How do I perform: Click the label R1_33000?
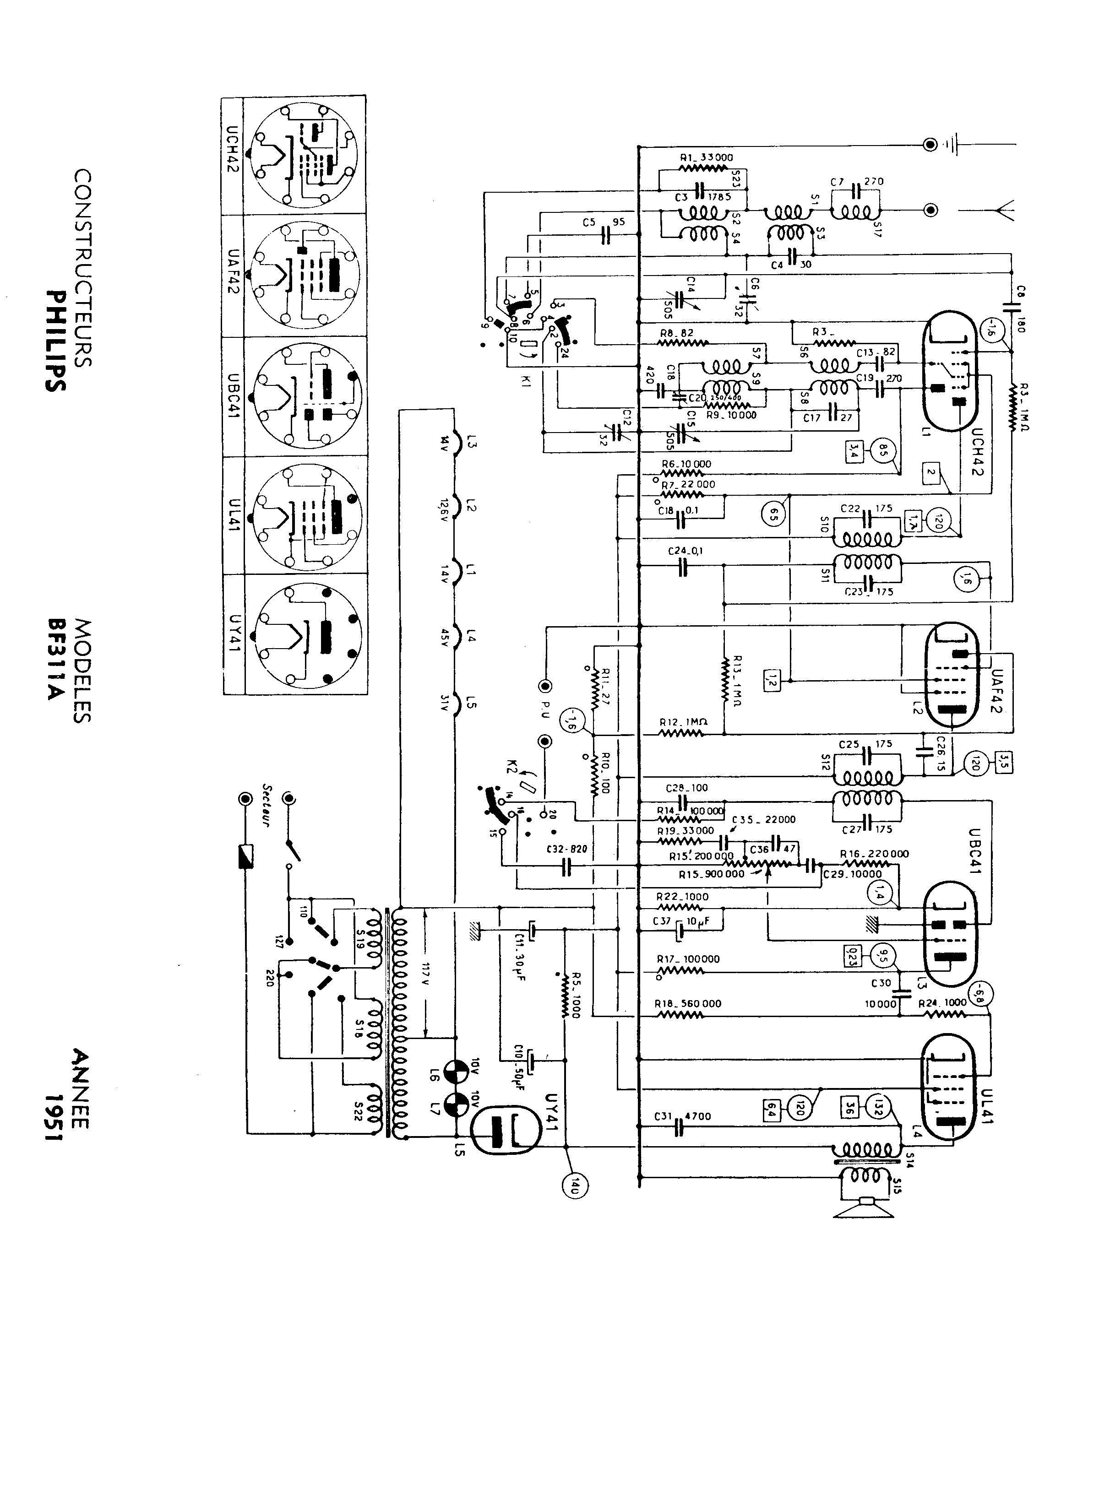(707, 157)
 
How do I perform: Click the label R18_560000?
(688, 1003)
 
